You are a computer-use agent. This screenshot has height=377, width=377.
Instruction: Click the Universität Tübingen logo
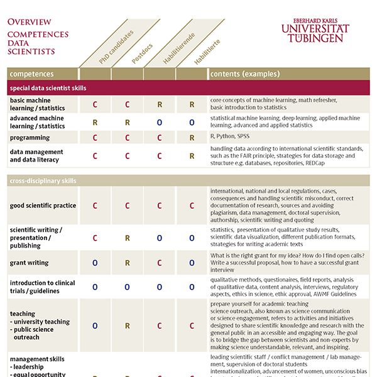(315, 30)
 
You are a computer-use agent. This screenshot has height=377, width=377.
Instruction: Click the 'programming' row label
(30, 138)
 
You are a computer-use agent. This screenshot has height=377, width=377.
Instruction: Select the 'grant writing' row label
(30, 263)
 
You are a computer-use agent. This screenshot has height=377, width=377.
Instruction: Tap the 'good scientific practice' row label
(43, 205)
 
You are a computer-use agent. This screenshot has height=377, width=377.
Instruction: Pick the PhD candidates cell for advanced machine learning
(95, 122)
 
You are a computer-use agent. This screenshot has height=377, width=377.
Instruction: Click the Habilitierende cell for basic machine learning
(160, 104)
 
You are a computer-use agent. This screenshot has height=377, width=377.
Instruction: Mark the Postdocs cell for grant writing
(127, 263)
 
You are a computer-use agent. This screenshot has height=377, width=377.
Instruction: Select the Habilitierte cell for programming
(192, 138)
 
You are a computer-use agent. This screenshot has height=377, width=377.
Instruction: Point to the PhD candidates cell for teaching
(95, 325)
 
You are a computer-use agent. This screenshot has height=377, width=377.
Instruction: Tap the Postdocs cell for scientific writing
(127, 238)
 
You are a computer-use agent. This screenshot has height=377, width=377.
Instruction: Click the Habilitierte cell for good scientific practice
(192, 205)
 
